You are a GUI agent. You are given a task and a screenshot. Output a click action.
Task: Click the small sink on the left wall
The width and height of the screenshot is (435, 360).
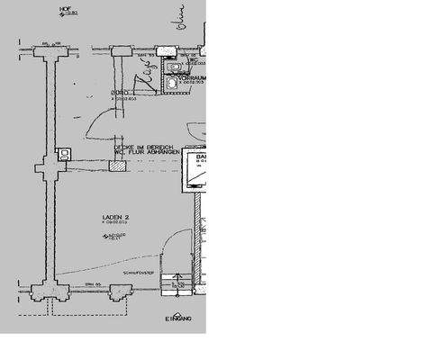coord(63,155)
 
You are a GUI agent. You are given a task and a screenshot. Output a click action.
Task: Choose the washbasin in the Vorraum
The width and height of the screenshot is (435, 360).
coord(170,83)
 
